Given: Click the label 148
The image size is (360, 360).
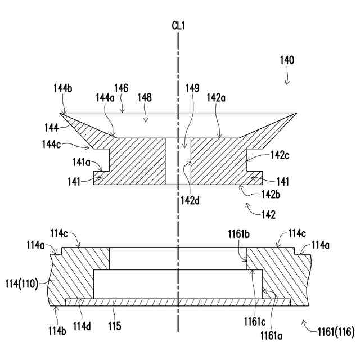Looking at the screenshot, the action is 145,97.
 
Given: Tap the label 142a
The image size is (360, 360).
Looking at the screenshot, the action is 217,97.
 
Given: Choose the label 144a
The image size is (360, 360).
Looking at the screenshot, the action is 104,97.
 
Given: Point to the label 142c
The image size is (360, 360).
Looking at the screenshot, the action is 280,155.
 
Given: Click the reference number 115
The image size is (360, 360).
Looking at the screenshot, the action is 115,325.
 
